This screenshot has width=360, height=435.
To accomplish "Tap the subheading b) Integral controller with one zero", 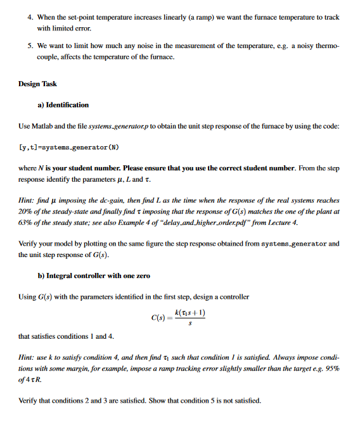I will pos(94,275).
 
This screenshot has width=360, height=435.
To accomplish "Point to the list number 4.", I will pos(30,16).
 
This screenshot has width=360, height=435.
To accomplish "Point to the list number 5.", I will pos(30,46).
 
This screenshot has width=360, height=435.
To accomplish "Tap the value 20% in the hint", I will pos(25,210).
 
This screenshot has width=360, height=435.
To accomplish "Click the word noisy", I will pos(304,46).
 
